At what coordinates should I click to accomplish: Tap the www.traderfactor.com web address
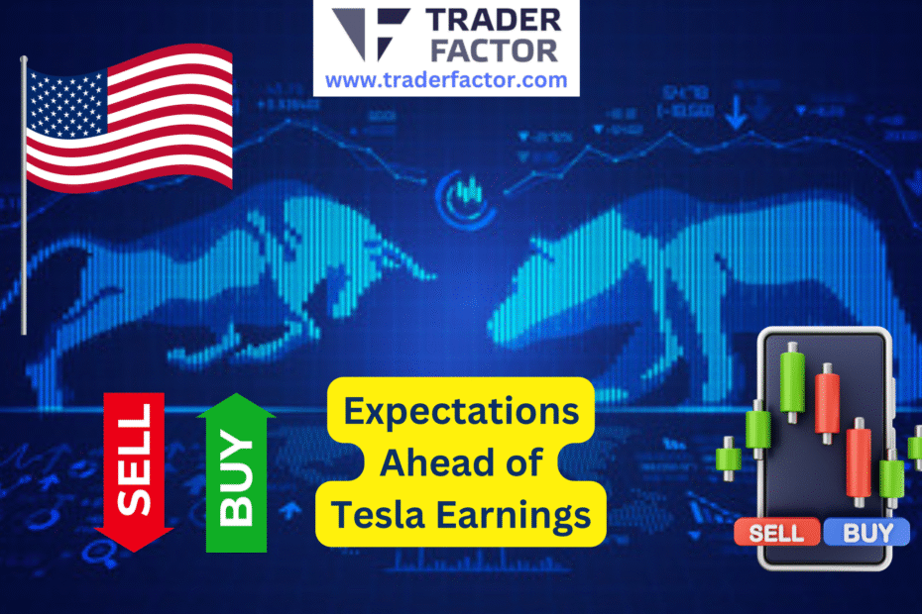coord(446,79)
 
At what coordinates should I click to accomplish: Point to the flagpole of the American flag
coord(24,198)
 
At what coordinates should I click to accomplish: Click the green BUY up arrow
coord(235,472)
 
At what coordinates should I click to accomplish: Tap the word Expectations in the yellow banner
coord(461,411)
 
